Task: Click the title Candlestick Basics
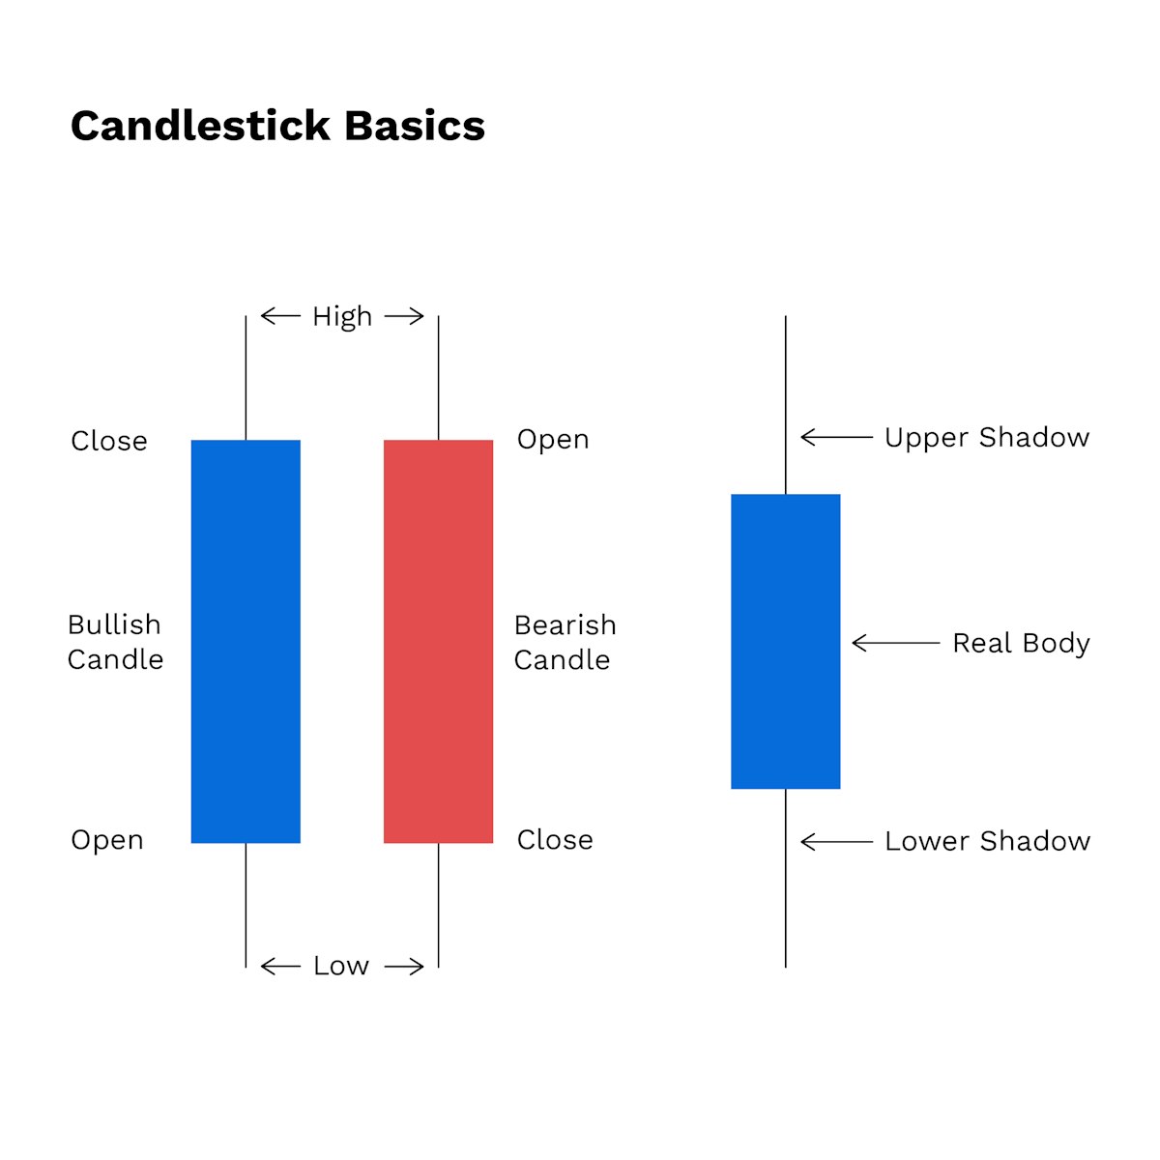pos(277,127)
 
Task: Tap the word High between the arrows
pos(342,317)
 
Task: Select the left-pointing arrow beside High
pos(280,316)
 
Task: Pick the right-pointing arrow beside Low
pos(404,967)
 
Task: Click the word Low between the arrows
pos(341,966)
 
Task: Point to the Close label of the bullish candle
pos(109,441)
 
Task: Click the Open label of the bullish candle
pos(107,840)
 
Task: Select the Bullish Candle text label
pos(115,642)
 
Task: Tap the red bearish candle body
pos(438,642)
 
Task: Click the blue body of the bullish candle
pos(246,642)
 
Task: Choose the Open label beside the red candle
pos(553,440)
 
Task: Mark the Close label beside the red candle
pos(555,840)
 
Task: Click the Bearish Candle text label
pos(565,642)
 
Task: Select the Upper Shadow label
pos(987,438)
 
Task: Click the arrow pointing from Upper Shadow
pos(837,438)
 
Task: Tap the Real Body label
pos(1021,643)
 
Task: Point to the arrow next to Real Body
pos(895,643)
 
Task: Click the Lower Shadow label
pos(987,841)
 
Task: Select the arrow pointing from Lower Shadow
pos(837,842)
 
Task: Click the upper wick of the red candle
pos(438,378)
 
